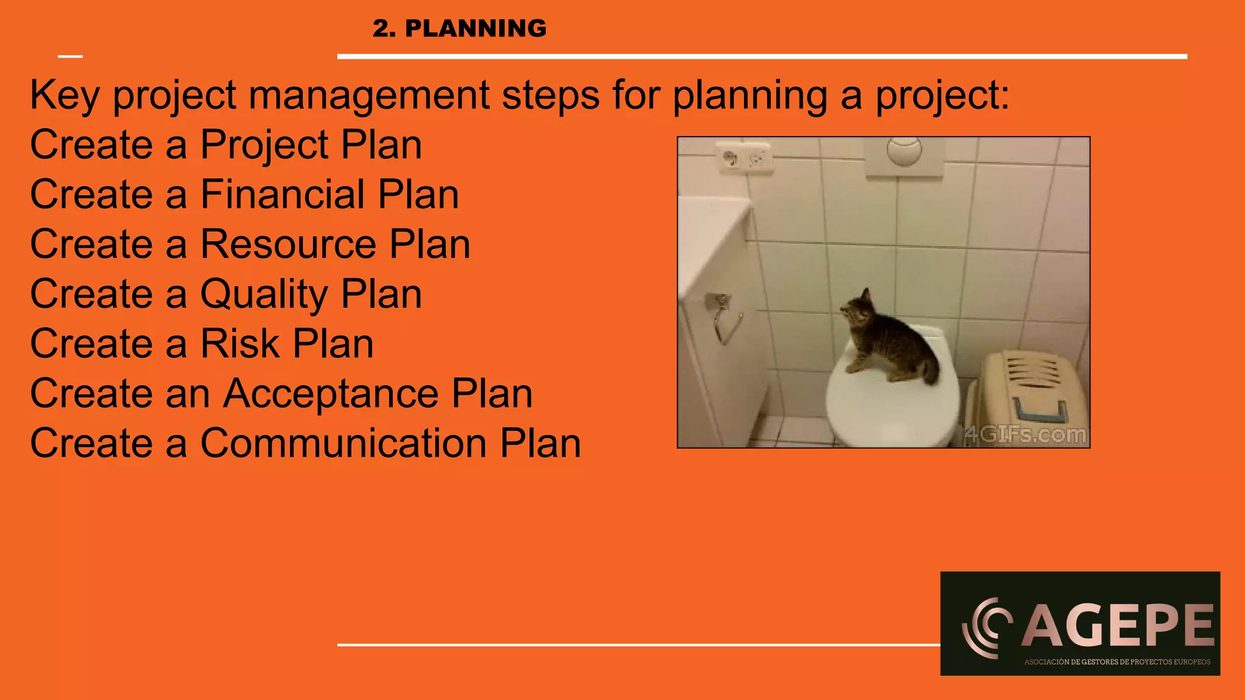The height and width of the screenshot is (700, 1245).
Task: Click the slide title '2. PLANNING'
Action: [x=460, y=29]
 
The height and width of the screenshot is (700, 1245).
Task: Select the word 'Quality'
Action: [x=264, y=294]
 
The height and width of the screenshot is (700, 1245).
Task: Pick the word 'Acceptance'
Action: [x=331, y=394]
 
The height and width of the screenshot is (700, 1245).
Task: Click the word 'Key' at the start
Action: [x=64, y=95]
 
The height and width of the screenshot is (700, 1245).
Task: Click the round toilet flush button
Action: [x=904, y=150]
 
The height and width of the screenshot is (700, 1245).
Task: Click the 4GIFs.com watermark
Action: [x=1026, y=434]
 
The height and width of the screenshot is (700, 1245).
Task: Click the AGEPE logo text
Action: [x=1117, y=626]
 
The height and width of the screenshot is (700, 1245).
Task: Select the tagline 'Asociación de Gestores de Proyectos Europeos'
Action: [x=1117, y=662]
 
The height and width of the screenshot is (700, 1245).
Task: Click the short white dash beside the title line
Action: [x=71, y=57]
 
